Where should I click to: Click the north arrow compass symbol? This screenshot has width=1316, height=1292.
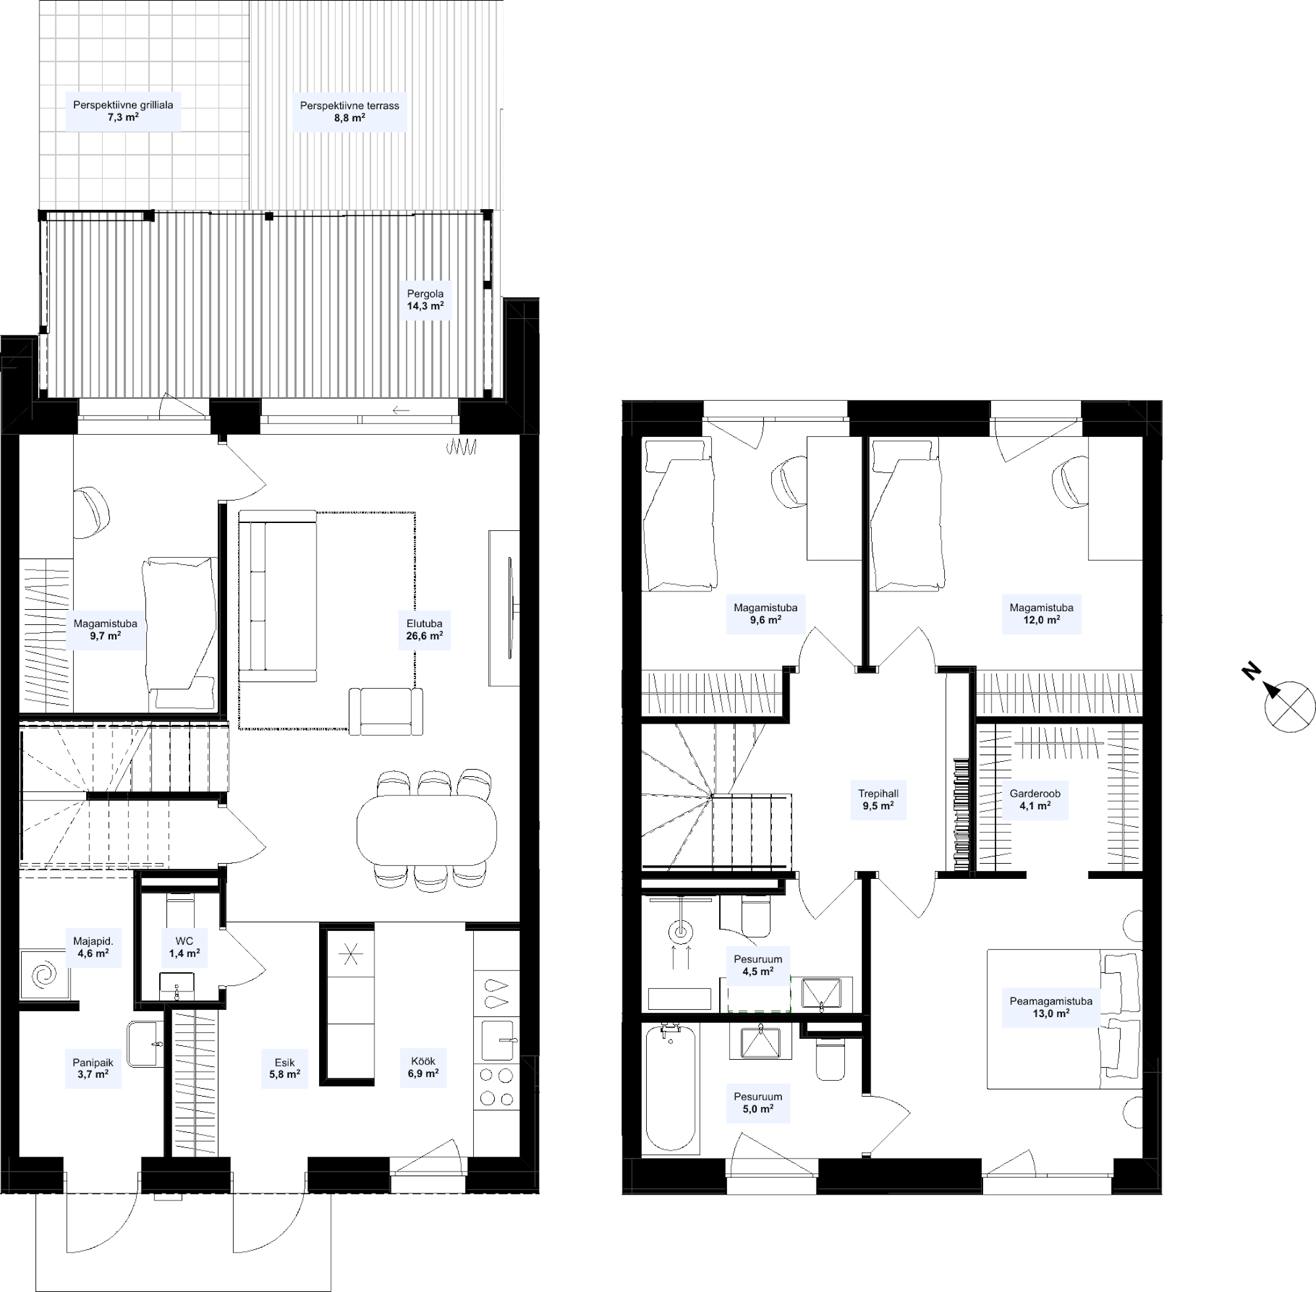(x=1290, y=707)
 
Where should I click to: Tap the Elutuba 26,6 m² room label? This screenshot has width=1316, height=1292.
(x=424, y=630)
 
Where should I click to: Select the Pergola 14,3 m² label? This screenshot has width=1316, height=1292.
(x=426, y=300)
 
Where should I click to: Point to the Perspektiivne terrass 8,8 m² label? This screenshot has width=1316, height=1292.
(x=349, y=111)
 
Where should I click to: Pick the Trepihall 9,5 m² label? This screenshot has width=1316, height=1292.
(x=878, y=800)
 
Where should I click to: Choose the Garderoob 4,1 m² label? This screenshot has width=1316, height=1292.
(x=1035, y=800)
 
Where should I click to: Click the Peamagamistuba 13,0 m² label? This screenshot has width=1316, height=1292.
(x=1051, y=1007)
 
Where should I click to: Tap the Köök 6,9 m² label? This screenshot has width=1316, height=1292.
(x=423, y=1068)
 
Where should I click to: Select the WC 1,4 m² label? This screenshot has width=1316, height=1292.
(x=184, y=947)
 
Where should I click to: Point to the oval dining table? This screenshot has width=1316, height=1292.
(x=426, y=830)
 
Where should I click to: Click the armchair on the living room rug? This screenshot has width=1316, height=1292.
(x=386, y=711)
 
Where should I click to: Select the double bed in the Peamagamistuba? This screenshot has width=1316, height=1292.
(x=1063, y=1019)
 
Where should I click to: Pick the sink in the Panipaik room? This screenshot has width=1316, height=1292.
(x=145, y=1044)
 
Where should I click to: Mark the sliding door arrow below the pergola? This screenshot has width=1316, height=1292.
(x=401, y=410)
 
